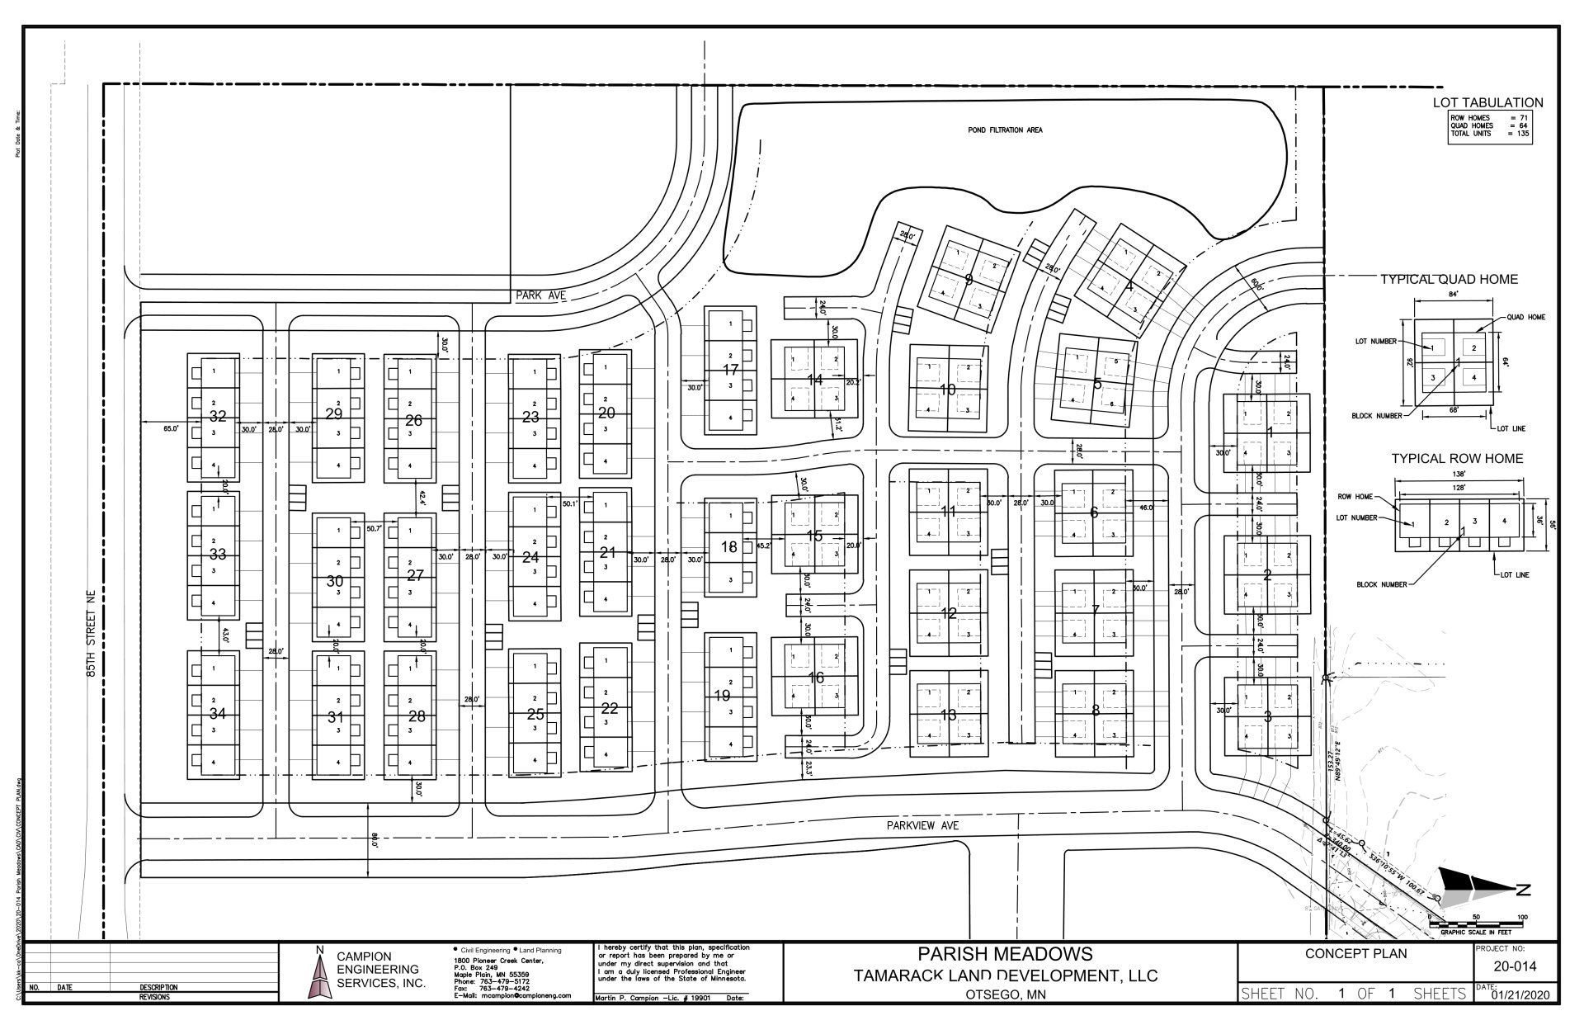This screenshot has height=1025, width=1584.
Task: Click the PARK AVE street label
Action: coord(540,295)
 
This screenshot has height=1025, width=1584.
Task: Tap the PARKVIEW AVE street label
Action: coord(924,824)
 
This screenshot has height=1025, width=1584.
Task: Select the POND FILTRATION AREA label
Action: coord(1005,130)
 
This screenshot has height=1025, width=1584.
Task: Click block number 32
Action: coord(218,416)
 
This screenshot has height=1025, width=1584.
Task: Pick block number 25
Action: coord(535,715)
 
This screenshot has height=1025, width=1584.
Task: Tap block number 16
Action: coord(816,678)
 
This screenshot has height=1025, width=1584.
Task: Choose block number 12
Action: coord(949,613)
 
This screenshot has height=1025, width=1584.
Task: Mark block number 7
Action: coord(1096,610)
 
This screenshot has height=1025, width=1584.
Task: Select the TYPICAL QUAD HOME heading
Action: coord(1449,280)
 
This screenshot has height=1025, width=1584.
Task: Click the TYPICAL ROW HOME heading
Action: coord(1457,459)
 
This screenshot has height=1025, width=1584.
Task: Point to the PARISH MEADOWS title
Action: coord(1005,954)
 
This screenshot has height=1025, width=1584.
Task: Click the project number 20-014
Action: coord(1514,967)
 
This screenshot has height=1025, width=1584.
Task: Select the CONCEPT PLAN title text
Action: coord(1355,954)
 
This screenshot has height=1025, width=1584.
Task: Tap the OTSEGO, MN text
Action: coord(1005,995)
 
